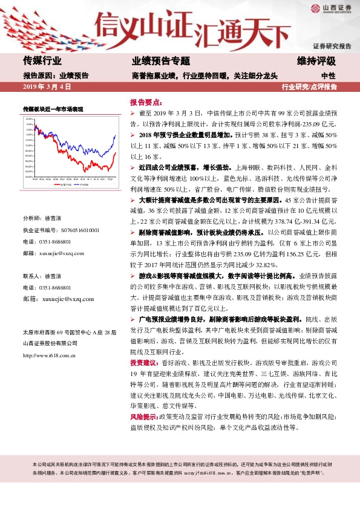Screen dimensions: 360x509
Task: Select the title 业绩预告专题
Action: pos(160,61)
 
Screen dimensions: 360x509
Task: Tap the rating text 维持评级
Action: pos(316,61)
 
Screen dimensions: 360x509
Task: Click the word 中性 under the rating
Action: pos(328,76)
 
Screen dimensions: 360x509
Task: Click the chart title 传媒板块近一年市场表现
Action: pos(53,109)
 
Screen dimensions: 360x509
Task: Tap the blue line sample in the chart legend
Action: pos(77,184)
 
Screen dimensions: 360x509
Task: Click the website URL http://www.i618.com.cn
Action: pos(48,355)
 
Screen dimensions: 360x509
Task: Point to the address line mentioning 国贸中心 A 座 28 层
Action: pos(68,332)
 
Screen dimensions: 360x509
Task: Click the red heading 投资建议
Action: pos(143,362)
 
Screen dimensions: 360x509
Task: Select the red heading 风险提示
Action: pos(143,417)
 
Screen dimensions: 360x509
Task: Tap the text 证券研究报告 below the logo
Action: pos(332,46)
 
